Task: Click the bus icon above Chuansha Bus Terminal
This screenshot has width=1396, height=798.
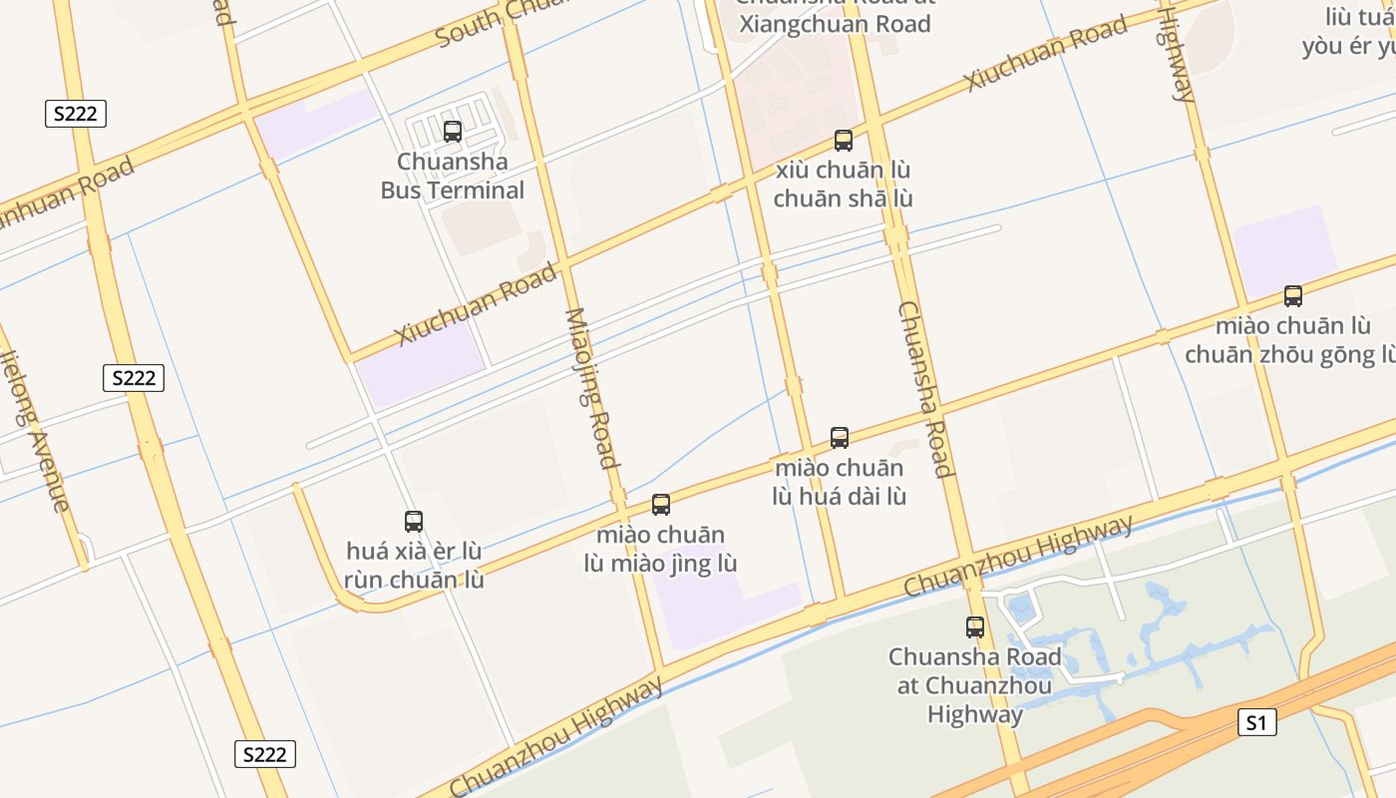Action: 453,131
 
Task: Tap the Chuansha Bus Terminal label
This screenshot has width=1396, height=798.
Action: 453,176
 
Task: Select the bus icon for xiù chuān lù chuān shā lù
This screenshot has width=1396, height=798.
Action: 844,140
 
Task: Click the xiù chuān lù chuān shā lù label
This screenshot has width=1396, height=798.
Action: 843,185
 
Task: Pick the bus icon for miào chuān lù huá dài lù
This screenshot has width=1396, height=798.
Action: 840,437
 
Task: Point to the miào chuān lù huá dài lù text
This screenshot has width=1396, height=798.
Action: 840,482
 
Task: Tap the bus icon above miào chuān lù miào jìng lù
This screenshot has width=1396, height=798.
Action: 661,504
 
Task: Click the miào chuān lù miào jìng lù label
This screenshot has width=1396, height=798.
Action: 661,550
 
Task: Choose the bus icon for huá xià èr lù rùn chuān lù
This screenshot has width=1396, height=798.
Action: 414,521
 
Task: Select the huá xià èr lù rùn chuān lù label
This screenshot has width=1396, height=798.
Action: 414,566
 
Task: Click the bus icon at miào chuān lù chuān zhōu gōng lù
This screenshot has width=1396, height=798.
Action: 1293,295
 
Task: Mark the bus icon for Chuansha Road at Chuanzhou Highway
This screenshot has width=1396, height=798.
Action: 975,627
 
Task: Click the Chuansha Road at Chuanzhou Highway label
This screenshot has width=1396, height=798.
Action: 975,685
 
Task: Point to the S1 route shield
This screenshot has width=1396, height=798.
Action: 1256,722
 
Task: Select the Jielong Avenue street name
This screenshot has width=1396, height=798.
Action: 36,429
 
